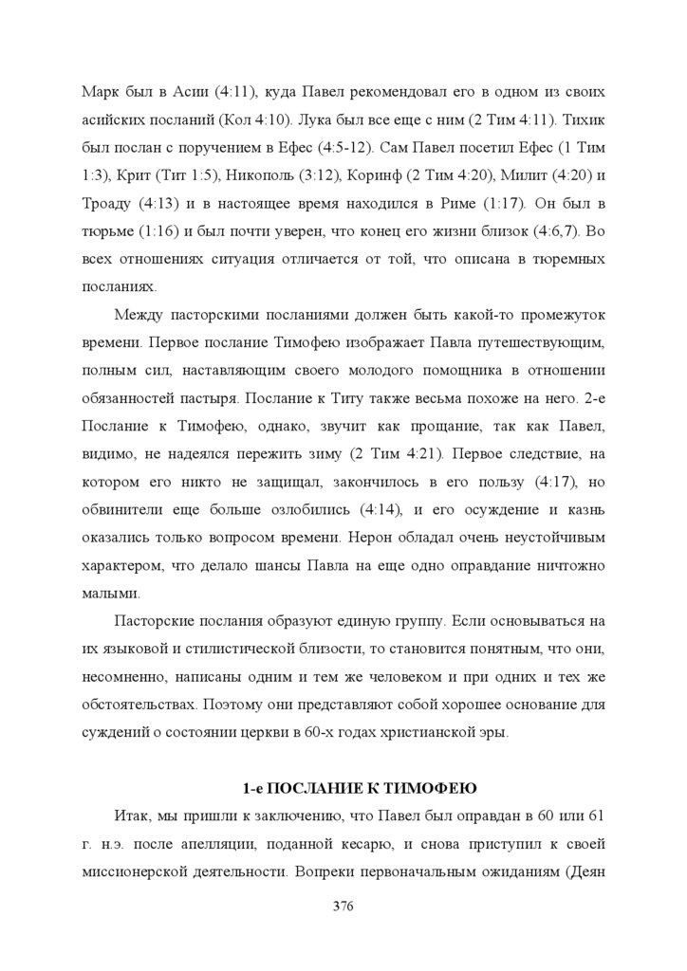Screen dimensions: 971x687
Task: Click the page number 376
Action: pyautogui.click(x=343, y=907)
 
